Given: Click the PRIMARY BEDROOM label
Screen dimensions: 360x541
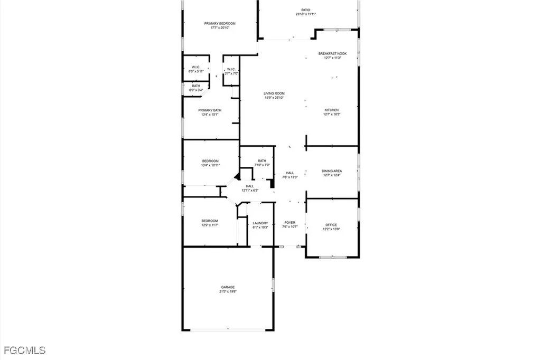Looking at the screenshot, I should click(220, 23).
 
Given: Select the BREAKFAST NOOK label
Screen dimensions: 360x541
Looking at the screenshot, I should click(332, 53).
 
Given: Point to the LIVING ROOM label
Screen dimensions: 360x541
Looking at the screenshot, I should click(274, 93).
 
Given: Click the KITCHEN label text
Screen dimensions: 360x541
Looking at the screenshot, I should click(332, 110).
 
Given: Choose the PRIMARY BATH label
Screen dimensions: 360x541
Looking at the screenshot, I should click(210, 110).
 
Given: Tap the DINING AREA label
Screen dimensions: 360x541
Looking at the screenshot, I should click(332, 170).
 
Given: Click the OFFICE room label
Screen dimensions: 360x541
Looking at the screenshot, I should click(331, 225).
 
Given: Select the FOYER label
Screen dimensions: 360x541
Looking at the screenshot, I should click(290, 223).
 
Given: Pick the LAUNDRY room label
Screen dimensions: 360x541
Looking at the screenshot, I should click(260, 223).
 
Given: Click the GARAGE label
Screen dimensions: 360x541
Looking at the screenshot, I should click(228, 287).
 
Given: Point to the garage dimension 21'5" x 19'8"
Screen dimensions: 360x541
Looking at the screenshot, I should click(228, 291).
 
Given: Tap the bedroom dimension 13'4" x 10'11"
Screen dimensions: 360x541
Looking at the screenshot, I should click(210, 165).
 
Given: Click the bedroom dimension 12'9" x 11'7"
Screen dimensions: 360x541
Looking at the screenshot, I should click(210, 225).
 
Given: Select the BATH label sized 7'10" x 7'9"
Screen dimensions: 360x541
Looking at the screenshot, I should click(262, 161).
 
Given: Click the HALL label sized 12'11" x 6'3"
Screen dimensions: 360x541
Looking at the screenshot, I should click(249, 186).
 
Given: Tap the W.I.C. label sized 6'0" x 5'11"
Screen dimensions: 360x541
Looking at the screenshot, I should click(195, 67).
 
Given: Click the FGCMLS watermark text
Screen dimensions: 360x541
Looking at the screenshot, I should click(24, 350).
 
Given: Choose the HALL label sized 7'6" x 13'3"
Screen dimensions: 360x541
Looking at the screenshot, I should click(290, 173).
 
